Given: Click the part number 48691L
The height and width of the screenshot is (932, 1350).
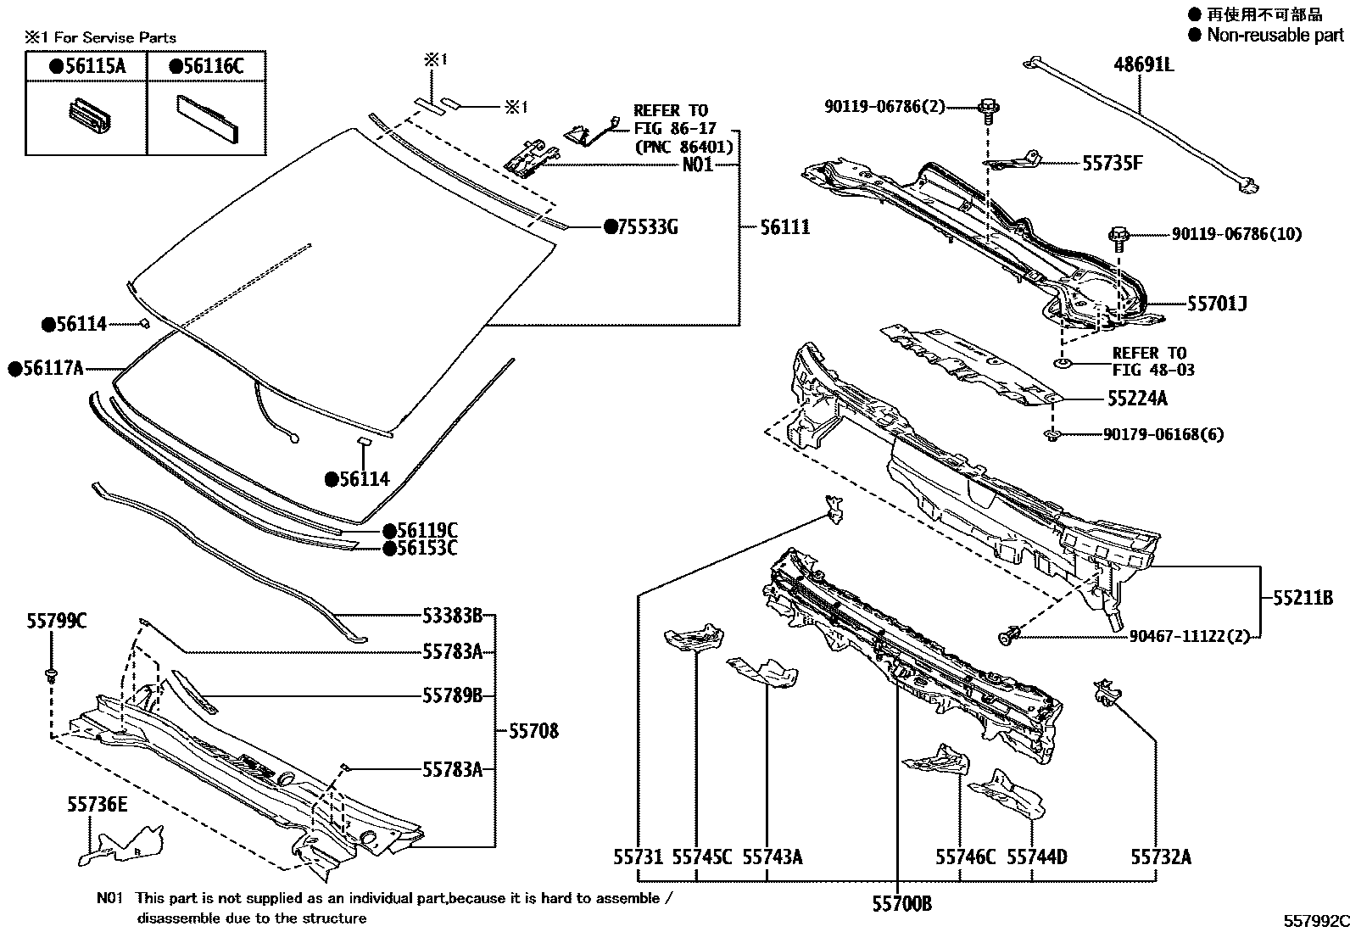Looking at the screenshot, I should tap(1143, 64).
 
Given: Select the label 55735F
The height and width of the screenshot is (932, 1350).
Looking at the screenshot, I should tap(1112, 163).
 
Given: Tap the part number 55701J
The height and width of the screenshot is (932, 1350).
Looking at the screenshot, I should tap(1217, 304).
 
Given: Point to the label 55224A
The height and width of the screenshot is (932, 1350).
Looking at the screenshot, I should tap(1137, 398).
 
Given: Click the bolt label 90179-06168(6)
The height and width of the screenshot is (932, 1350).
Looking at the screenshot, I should tap(1163, 434).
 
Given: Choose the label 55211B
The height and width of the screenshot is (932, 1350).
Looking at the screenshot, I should tap(1303, 598).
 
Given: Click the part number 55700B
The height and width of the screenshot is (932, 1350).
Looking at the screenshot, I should tap(902, 904).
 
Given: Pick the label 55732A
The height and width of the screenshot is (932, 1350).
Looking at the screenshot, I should tap(1160, 857).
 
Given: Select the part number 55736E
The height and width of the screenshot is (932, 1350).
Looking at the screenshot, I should tap(98, 804).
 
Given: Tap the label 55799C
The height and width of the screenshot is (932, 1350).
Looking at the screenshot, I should tap(55, 622).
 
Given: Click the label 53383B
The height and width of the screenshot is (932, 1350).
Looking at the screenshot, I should tap(453, 615).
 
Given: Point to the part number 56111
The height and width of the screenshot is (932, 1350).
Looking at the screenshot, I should tap(784, 227).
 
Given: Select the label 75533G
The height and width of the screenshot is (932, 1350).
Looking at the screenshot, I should tap(647, 227).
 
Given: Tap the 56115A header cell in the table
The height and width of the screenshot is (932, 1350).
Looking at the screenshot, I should tap(86, 66).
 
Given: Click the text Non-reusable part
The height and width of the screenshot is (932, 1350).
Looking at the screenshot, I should tap(1275, 35).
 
